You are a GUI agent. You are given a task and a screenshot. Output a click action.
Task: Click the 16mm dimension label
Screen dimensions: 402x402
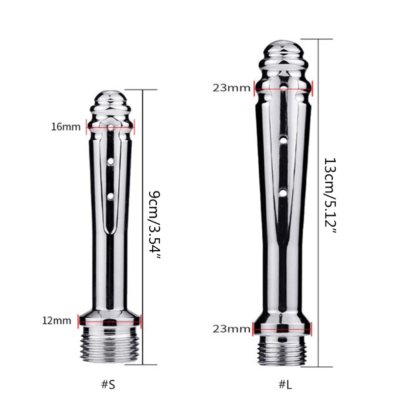pos(65,126)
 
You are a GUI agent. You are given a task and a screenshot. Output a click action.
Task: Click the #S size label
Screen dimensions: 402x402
pos(108,385)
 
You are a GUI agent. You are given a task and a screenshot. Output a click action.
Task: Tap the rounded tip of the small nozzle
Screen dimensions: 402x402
pos(110,97)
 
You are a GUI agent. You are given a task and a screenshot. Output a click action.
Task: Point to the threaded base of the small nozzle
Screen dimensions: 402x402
pos(110,347)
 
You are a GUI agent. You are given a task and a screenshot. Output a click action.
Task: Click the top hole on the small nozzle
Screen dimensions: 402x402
pos(111,129)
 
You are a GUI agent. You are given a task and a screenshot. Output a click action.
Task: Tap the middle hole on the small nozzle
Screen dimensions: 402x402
pos(111,162)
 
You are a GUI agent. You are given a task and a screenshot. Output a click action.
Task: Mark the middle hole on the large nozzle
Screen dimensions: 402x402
pos(284,141)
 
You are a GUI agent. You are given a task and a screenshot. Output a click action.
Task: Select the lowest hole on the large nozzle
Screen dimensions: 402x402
pos(284,192)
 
